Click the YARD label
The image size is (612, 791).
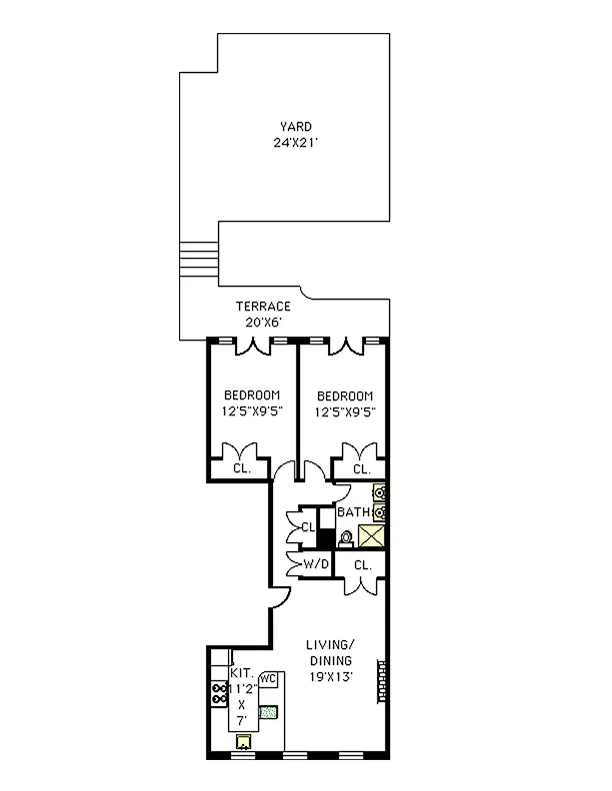click(295, 127)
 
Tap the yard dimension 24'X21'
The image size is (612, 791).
click(295, 143)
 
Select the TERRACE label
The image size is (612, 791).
click(263, 307)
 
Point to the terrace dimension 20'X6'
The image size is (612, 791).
click(263, 323)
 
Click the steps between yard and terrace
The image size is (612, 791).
click(198, 259)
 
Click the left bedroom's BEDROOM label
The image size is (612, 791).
click(251, 395)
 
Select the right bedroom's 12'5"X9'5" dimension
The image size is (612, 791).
click(344, 411)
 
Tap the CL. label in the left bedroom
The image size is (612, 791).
click(241, 468)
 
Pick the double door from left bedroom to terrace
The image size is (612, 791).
click(251, 347)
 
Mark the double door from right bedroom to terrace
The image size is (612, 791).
click(345, 347)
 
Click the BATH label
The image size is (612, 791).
click(353, 512)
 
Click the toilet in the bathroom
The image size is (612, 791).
click(346, 539)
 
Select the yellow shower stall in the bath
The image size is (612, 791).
click(372, 536)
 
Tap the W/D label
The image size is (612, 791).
click(316, 564)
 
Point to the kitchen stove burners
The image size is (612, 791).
click(219, 694)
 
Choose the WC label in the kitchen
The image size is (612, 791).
click(267, 679)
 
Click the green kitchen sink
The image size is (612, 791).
click(268, 712)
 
